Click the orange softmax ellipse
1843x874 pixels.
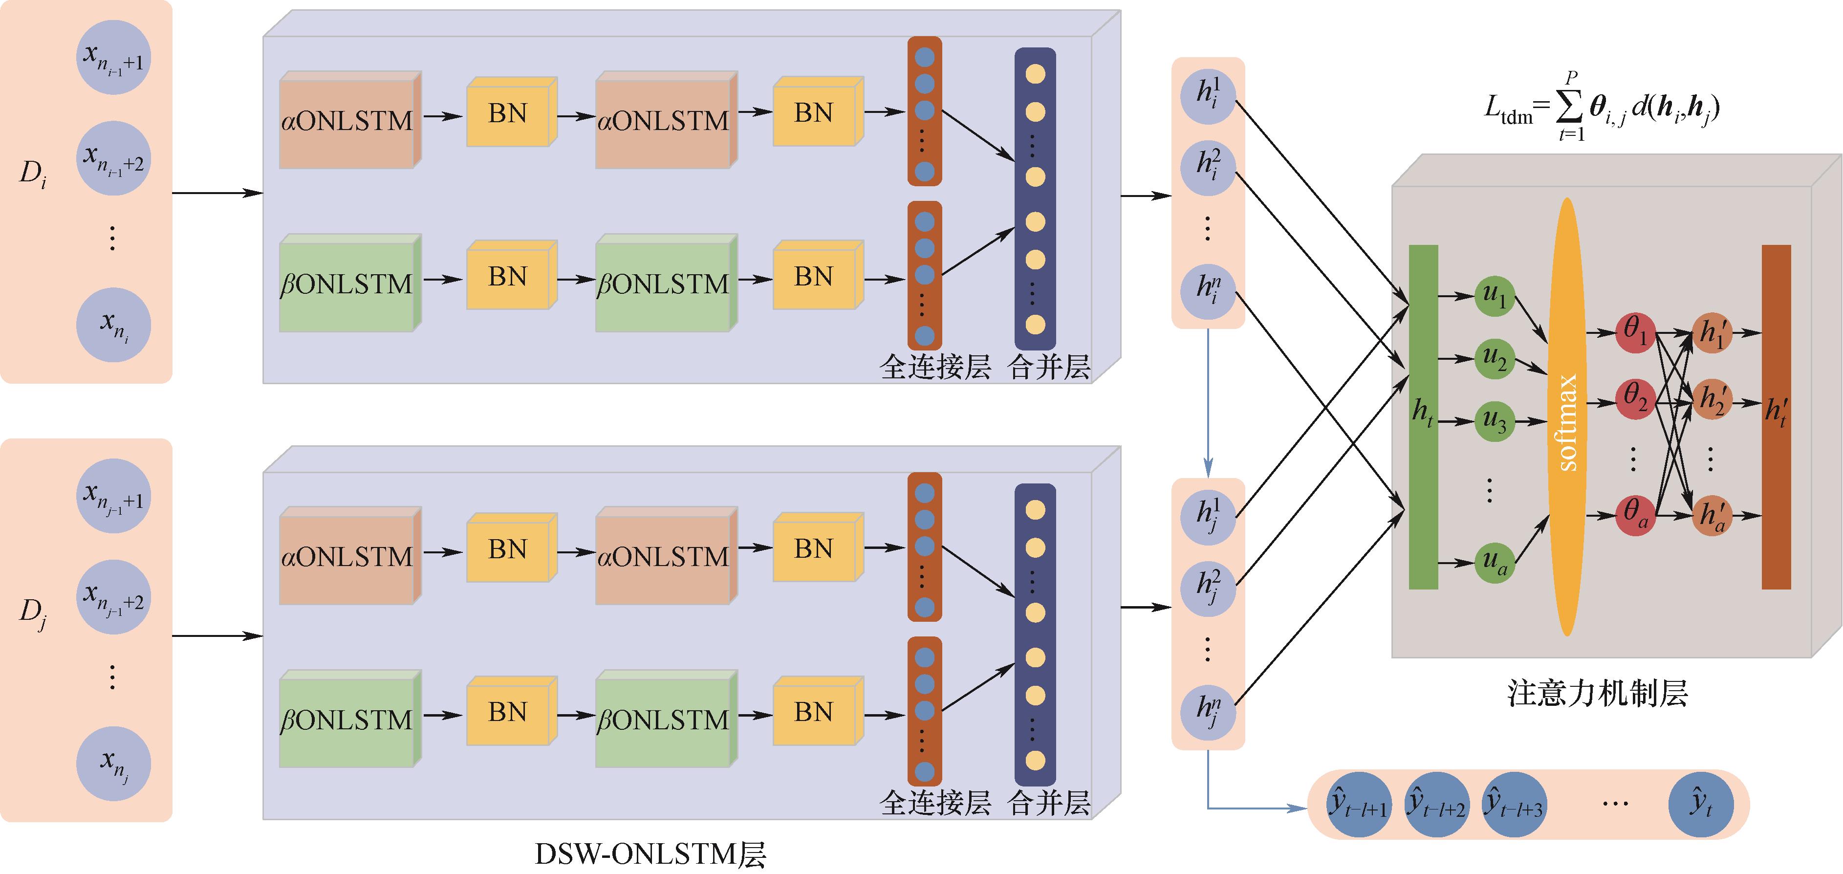1567,416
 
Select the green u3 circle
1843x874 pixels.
1495,421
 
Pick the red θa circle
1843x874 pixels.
1635,515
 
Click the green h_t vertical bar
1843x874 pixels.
1423,416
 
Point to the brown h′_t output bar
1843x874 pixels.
1776,416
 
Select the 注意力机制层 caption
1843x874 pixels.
1597,693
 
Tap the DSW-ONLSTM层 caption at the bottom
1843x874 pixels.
650,854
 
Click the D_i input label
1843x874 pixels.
33,174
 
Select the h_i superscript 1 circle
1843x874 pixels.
1208,96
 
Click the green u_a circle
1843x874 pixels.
1495,563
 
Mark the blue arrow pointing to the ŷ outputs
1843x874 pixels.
1259,809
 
